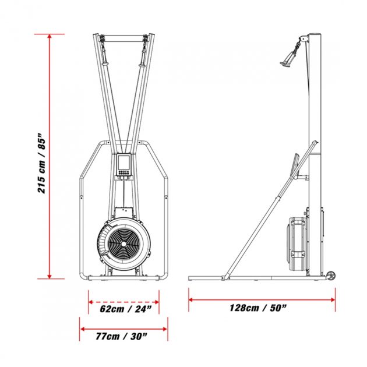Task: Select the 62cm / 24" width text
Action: [x=123, y=309]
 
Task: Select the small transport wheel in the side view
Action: [x=331, y=276]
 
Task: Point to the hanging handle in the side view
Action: [x=288, y=58]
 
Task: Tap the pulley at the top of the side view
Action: [x=301, y=41]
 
